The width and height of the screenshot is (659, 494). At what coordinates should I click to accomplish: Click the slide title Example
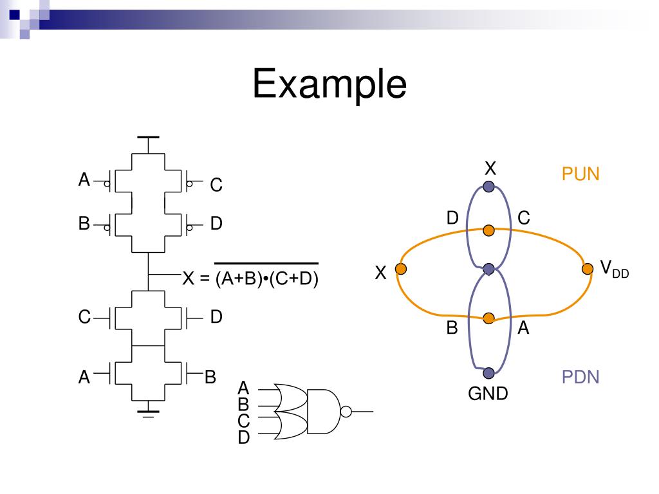coord(329,84)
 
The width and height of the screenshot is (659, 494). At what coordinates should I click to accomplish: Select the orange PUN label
coord(580,174)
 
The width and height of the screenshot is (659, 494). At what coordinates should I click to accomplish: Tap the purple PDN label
coord(580,377)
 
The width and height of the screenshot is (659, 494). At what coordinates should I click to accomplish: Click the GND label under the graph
coord(488,393)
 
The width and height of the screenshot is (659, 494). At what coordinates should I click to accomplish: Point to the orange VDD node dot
coord(587,269)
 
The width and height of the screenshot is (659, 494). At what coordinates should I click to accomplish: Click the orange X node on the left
coord(401,269)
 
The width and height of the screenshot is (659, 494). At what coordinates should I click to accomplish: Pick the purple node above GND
coord(488,373)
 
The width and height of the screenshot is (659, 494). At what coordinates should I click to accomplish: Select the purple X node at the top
coord(488,187)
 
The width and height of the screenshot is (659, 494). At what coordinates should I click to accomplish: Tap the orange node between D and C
coord(488,230)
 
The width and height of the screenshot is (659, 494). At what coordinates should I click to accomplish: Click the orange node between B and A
coord(488,318)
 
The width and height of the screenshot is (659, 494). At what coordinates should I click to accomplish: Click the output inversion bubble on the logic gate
coord(346,410)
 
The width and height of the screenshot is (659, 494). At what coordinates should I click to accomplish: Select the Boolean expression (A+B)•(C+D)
coord(267,279)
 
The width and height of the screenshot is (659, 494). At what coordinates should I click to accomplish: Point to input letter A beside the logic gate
coord(243,388)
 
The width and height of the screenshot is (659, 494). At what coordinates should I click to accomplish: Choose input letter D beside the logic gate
coord(243,438)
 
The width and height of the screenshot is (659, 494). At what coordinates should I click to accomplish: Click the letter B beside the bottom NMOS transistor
coord(210,377)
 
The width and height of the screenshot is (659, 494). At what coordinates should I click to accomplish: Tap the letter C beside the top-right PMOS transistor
coord(216,185)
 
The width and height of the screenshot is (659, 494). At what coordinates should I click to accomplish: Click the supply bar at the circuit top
coord(149,138)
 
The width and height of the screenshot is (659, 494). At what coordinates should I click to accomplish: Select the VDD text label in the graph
coord(614,269)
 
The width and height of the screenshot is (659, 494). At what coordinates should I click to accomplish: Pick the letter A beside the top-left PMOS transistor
coord(84,181)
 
